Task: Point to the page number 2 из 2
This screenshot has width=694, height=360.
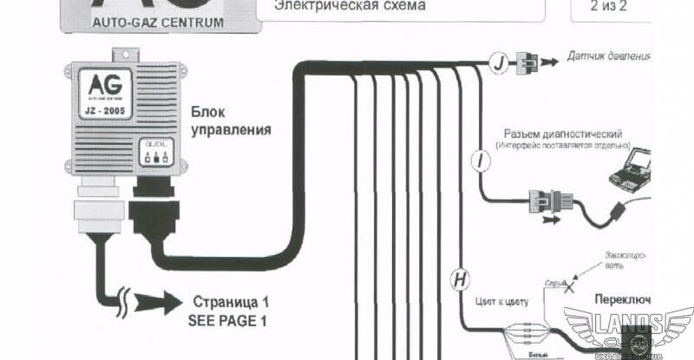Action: (608, 7)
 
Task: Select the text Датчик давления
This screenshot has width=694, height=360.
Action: (608, 58)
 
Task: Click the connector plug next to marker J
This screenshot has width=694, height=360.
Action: (527, 62)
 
